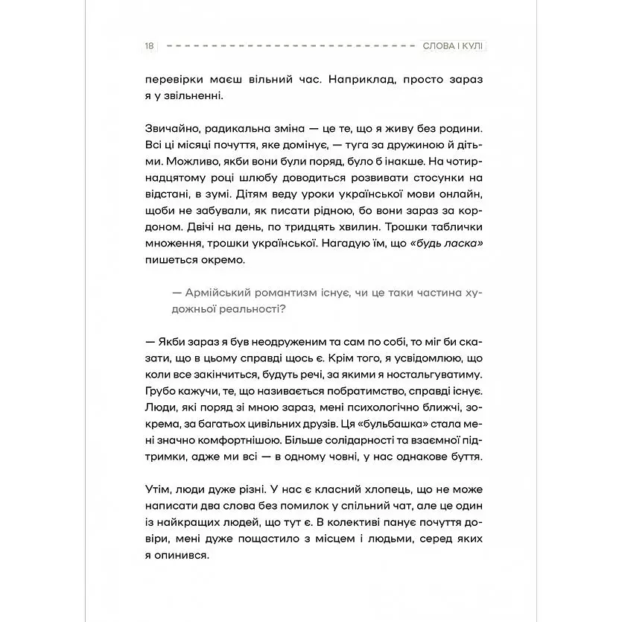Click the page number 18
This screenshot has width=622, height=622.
pyautogui.click(x=150, y=46)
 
